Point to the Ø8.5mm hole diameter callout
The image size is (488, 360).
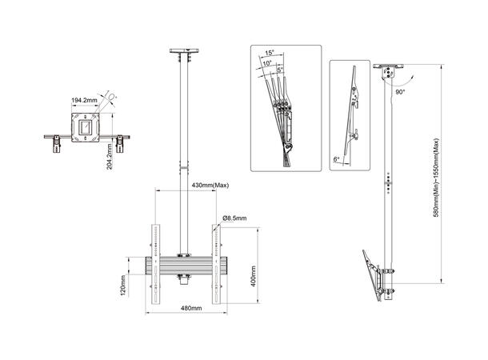(x=235, y=218)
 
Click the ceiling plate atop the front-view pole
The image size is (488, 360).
(x=184, y=54)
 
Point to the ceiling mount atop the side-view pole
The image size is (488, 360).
(x=389, y=71)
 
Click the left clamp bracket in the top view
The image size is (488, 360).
(x=57, y=144)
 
